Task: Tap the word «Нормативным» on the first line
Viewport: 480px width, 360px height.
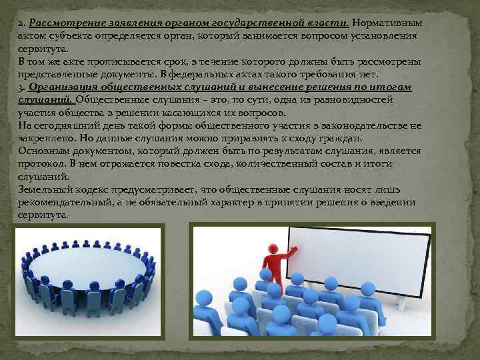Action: pos(386,23)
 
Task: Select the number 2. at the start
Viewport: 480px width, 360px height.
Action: pos(23,23)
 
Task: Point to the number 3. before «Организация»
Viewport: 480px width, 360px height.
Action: pos(22,87)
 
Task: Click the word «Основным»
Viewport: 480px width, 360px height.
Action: pos(43,151)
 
